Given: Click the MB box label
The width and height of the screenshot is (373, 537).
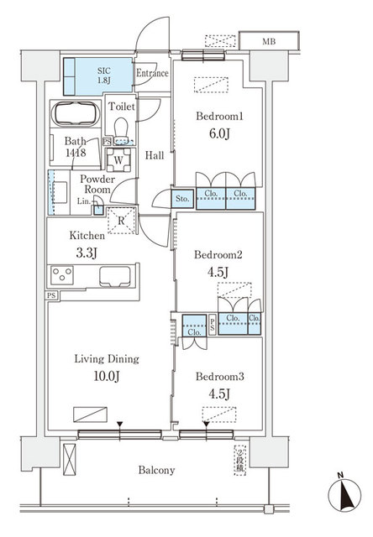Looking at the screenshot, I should point(268,41).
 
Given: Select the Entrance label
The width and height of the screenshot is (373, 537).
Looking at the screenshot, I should point(152,74).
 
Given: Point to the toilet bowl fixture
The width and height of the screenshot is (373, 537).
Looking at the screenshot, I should point(121,126).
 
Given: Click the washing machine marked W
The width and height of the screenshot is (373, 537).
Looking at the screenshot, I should point(119,159).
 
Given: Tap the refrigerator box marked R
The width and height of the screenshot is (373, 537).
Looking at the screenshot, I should point(123,222).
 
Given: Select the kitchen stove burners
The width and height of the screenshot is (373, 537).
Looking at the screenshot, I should point(64,274).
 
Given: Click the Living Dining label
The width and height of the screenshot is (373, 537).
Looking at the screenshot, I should point(95,359).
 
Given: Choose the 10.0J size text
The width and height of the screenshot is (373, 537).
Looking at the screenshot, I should point(94,377).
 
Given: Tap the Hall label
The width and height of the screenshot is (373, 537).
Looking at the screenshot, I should point(154,155).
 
